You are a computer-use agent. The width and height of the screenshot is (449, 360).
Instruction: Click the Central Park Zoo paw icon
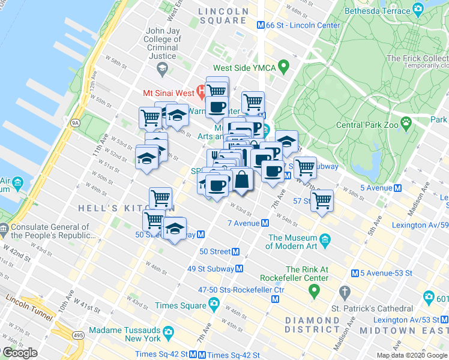pos(406,122)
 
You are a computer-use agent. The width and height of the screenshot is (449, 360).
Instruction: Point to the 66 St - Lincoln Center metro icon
pos(261,25)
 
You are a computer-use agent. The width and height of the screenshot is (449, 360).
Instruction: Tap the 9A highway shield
pos(75,123)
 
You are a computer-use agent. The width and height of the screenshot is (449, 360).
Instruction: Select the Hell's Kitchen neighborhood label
pos(109,208)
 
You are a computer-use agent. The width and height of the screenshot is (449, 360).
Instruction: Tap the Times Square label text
pos(180,305)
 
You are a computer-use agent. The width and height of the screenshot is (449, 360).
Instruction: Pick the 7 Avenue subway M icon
pos(265,223)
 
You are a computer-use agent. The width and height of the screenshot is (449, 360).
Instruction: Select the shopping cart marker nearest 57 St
pos(322,202)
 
